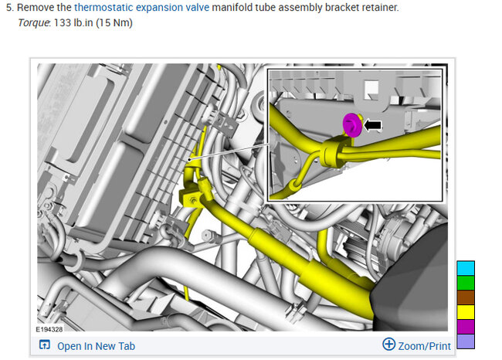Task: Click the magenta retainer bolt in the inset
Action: point(352,125)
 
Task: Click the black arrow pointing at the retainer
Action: point(373,125)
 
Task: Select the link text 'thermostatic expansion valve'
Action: point(141,8)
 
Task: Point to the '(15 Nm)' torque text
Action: point(114,23)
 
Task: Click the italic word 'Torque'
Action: point(34,23)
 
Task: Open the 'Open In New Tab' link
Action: point(96,346)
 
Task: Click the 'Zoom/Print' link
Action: point(424,346)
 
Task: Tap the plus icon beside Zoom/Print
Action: point(389,345)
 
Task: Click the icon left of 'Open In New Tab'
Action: point(45,345)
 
